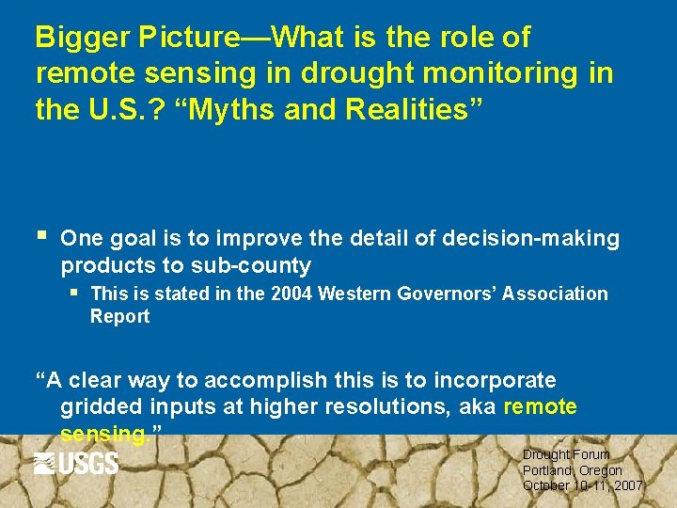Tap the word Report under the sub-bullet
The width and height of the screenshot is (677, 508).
point(119,316)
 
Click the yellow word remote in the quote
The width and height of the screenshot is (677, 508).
point(541,407)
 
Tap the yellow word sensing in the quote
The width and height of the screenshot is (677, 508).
point(102,435)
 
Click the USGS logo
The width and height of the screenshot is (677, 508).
point(76,463)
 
